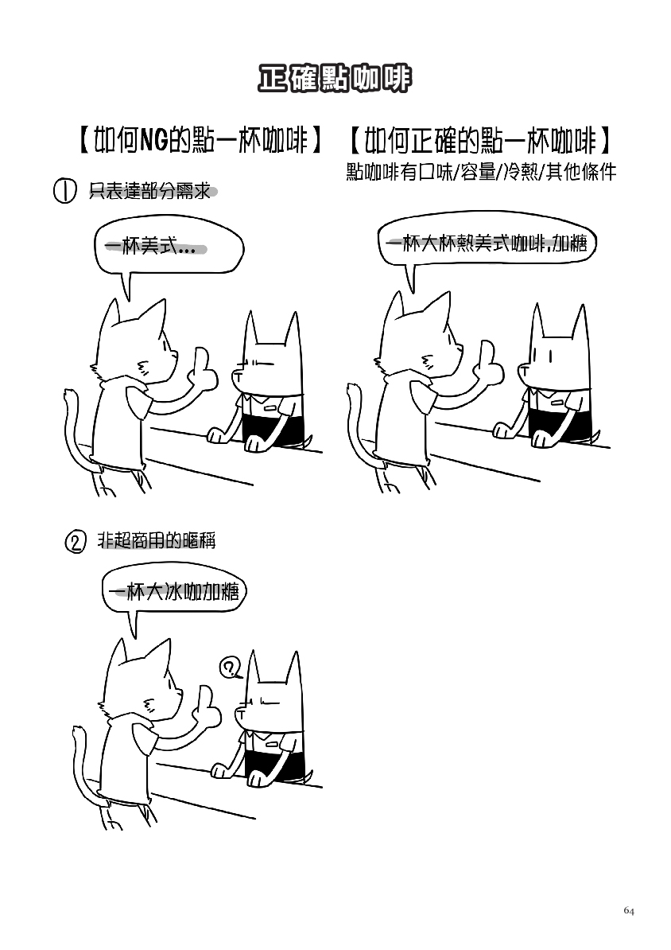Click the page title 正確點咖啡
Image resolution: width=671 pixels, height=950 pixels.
click(335, 78)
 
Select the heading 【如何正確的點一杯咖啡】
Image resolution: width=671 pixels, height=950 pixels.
click(480, 141)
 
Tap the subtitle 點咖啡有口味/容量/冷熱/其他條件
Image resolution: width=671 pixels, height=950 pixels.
click(481, 172)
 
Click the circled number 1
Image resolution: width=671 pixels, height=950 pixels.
click(65, 191)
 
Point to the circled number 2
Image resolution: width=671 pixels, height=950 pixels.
click(75, 541)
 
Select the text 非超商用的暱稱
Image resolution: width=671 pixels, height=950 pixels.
click(157, 539)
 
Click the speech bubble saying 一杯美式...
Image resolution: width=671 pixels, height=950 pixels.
click(169, 248)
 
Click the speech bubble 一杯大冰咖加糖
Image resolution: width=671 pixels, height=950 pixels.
click(174, 590)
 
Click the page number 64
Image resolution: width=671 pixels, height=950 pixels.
click(629, 911)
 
